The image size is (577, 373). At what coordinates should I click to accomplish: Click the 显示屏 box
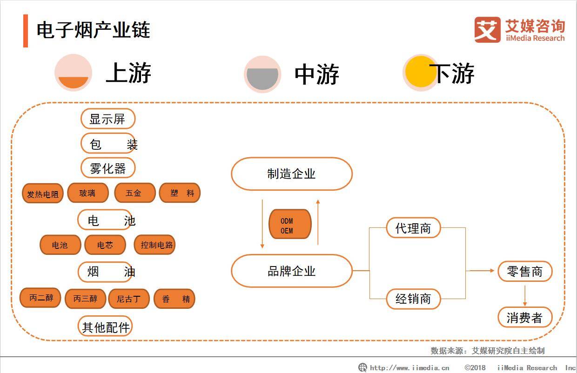click(x=107, y=119)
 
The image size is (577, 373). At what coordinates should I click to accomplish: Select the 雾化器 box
click(x=107, y=168)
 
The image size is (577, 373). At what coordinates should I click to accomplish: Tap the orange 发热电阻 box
click(x=43, y=193)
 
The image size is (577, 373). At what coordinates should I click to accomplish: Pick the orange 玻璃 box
click(x=87, y=193)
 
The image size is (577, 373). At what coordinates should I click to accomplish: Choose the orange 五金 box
click(x=134, y=193)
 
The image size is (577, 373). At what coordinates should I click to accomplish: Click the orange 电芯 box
click(x=105, y=245)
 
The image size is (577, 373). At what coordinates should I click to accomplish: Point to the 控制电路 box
click(x=155, y=245)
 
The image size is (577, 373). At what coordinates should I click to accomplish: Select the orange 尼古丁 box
click(x=129, y=299)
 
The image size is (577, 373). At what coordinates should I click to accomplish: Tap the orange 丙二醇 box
click(x=40, y=298)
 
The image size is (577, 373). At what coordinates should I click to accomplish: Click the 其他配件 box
click(x=105, y=327)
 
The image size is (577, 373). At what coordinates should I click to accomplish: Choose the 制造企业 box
click(x=292, y=174)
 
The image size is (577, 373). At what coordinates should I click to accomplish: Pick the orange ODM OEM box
click(x=289, y=224)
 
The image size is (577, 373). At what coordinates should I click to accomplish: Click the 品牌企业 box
click(x=292, y=271)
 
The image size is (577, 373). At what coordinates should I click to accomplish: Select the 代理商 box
click(x=413, y=228)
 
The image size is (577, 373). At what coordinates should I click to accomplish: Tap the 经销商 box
click(x=413, y=299)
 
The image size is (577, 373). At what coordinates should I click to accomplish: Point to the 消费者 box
click(x=525, y=317)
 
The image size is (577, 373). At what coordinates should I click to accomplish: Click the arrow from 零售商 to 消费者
click(x=525, y=295)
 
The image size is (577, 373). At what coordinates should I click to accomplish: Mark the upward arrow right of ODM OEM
click(x=318, y=222)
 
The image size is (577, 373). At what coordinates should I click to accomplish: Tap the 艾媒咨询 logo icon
click(x=488, y=30)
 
